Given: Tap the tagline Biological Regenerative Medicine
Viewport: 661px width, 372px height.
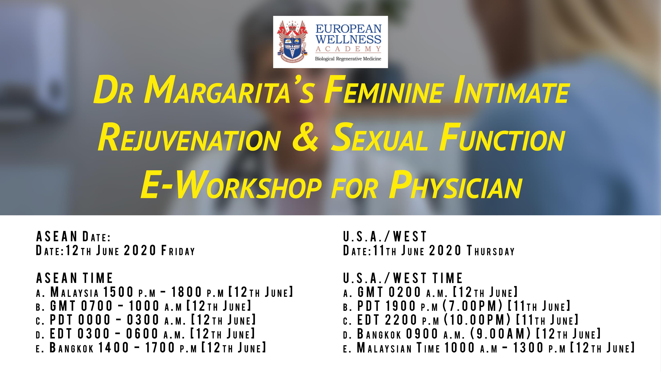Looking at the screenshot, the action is point(348,59).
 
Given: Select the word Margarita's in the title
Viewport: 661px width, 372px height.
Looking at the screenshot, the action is point(229,90).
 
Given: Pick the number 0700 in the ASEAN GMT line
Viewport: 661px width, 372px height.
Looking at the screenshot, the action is point(97,306).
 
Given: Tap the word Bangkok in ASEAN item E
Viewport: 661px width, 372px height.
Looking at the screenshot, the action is point(72,348).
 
